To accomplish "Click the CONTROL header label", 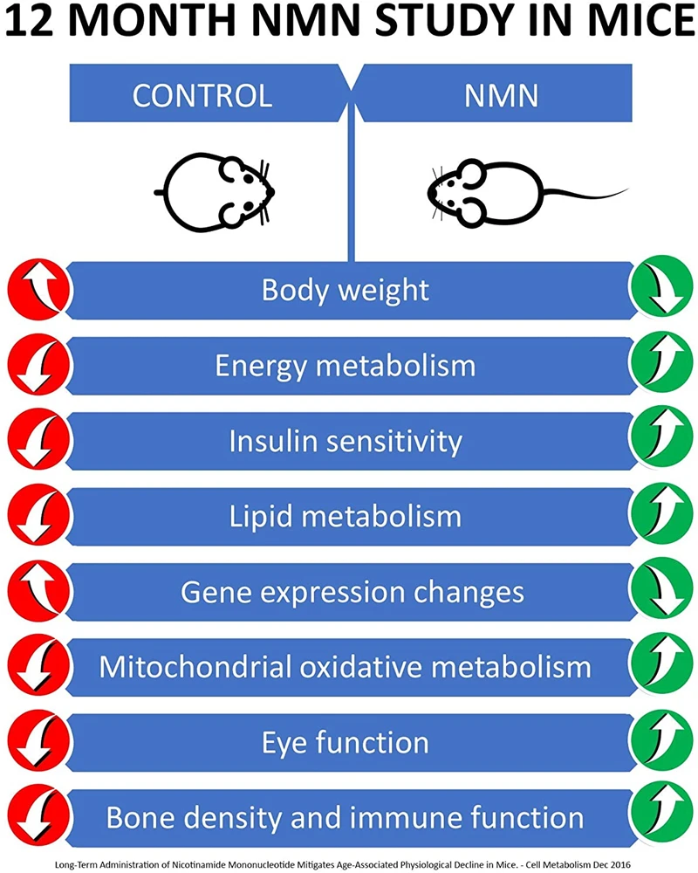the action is click(202, 96).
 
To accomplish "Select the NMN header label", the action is click(501, 96).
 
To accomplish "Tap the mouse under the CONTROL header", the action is click(215, 192).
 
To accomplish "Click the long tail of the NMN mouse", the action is click(585, 193).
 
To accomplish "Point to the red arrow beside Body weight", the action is click(39, 290).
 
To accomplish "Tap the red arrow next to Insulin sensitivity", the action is click(39, 440).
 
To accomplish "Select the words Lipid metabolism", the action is click(346, 517).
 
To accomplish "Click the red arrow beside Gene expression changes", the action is click(39, 590).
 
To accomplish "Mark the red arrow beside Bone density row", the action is click(39, 815).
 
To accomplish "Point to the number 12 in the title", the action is click(33, 21).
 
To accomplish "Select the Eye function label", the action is click(346, 742).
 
